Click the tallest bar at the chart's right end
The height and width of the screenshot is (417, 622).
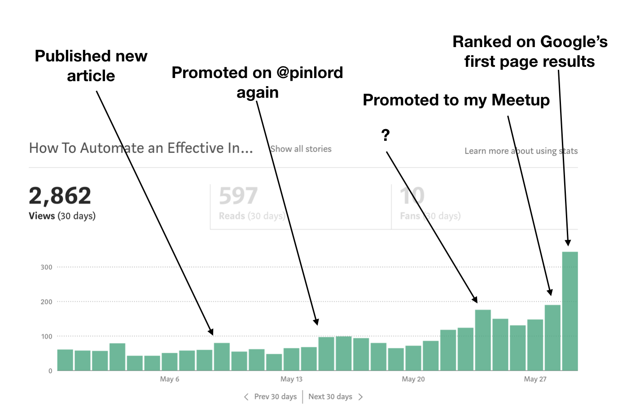pyautogui.click(x=569, y=311)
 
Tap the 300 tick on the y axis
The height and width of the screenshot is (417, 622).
pyautogui.click(x=46, y=267)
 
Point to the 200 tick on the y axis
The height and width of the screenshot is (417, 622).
pyautogui.click(x=46, y=302)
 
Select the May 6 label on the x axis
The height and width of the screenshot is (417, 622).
pyautogui.click(x=170, y=379)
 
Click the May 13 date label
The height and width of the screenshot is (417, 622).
pyautogui.click(x=291, y=379)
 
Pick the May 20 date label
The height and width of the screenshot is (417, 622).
pyautogui.click(x=413, y=379)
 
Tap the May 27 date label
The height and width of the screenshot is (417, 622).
pyautogui.click(x=535, y=379)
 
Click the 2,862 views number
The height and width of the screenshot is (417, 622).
pyautogui.click(x=60, y=196)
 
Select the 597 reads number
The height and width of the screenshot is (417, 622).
pyautogui.click(x=238, y=196)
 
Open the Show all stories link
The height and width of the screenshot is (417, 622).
pyautogui.click(x=301, y=149)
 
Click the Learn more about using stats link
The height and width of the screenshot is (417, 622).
pyautogui.click(x=521, y=151)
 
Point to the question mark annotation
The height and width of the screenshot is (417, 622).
pyautogui.click(x=385, y=135)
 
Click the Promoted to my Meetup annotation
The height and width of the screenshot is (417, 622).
pyautogui.click(x=456, y=100)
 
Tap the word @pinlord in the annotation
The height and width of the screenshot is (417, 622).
pyautogui.click(x=310, y=73)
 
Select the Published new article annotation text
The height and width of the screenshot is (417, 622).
pyautogui.click(x=91, y=66)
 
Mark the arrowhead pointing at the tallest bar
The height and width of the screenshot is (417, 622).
pyautogui.click(x=568, y=243)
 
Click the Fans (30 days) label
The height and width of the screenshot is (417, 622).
pyautogui.click(x=430, y=216)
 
